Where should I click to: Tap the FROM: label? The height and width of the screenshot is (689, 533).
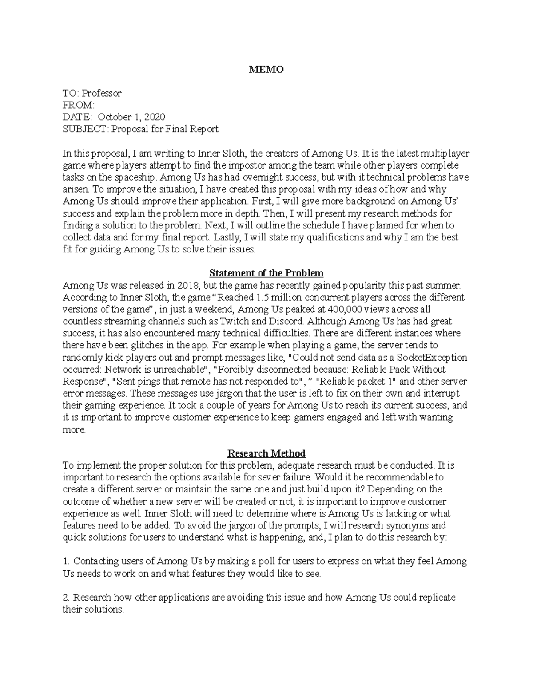(x=79, y=105)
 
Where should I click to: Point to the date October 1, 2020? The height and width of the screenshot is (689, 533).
(x=131, y=117)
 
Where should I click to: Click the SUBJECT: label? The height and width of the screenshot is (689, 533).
(x=85, y=129)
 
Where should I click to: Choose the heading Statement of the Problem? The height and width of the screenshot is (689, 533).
(x=266, y=273)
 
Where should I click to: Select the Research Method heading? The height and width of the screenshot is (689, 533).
(x=266, y=453)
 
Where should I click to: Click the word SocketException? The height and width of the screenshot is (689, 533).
(x=432, y=358)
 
